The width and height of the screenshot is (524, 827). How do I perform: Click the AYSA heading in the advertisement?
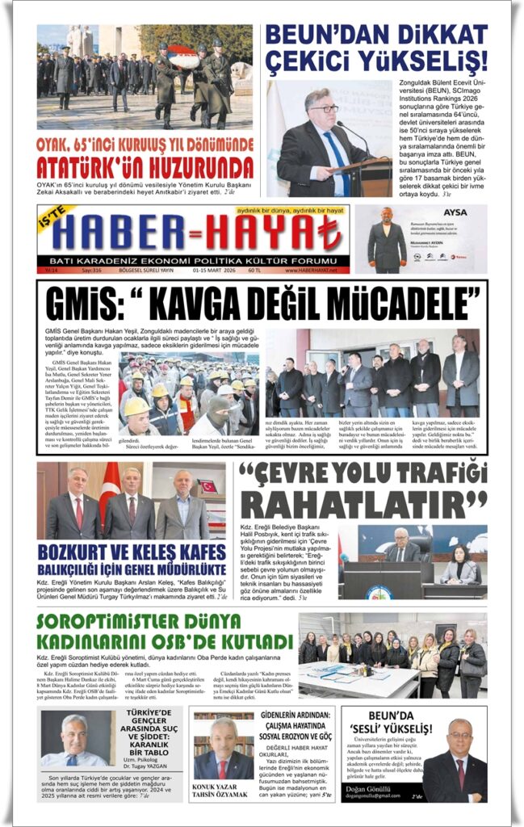pyautogui.click(x=455, y=213)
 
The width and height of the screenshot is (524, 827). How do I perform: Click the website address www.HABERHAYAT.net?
pyautogui.click(x=315, y=270)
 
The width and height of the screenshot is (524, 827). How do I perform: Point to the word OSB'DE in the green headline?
pyautogui.click(x=187, y=642)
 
